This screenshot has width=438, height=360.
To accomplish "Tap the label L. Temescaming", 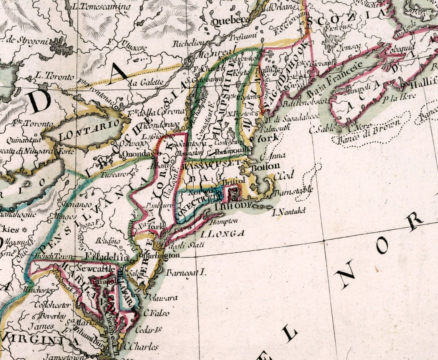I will pos(101,7).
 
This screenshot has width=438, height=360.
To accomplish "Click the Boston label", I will pos(265,167).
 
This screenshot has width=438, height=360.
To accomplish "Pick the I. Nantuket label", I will pos(289,211).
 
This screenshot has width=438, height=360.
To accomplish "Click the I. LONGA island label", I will pos(222,233).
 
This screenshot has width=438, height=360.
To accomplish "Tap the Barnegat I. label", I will pos(186,273).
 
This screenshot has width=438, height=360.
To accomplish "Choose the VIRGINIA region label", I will pos(40,340).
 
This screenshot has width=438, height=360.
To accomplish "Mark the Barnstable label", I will pos(294,191).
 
